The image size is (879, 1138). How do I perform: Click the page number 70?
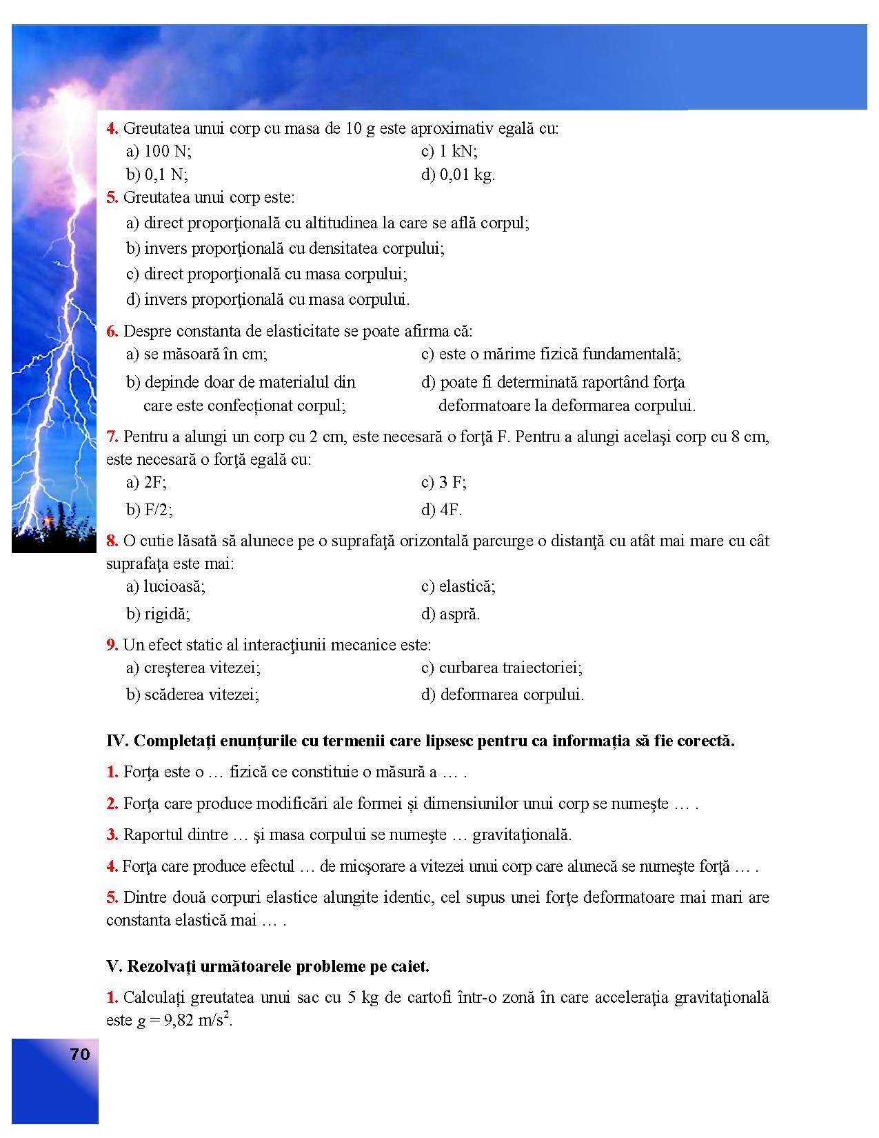[79, 1055]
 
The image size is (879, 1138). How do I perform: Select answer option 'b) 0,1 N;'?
[157, 174]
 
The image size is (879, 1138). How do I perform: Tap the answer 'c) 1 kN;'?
[449, 151]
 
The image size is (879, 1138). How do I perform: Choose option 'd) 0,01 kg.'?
[458, 174]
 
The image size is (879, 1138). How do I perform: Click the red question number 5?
[112, 198]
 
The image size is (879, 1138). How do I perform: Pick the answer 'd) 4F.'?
[442, 510]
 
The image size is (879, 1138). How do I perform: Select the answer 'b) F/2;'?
[150, 510]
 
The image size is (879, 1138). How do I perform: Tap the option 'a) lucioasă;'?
[166, 586]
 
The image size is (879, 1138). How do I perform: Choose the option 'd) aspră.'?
[451, 614]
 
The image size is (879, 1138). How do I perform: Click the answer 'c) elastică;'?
[458, 586]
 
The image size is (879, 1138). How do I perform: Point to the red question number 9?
[112, 645]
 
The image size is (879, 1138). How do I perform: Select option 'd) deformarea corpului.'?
[503, 695]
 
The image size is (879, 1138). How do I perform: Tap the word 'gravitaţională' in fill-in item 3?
[522, 835]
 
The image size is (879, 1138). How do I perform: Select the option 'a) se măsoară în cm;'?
[197, 355]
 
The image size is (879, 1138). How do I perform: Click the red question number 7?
[112, 437]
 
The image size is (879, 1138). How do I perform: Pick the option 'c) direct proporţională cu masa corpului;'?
[267, 274]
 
